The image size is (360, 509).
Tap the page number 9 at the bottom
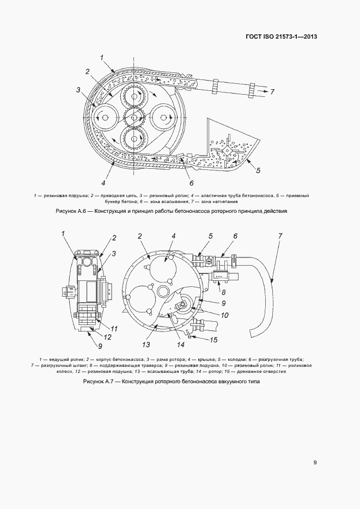click(x=315, y=463)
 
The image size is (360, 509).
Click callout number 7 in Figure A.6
click(x=272, y=91)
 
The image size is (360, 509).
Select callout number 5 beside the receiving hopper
click(x=258, y=170)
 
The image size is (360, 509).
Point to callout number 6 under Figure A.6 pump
click(x=191, y=183)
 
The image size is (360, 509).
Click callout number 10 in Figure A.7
click(x=209, y=314)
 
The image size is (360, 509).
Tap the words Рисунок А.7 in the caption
click(x=98, y=382)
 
